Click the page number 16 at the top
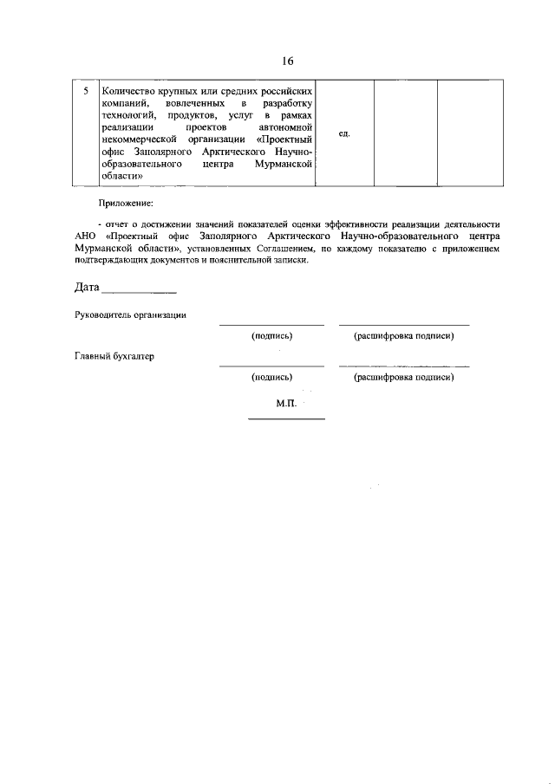(x=288, y=61)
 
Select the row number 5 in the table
(x=84, y=91)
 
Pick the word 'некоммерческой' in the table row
(x=140, y=139)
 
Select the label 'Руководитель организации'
(x=130, y=315)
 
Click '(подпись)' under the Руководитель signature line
(x=271, y=336)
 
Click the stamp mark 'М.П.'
(x=286, y=404)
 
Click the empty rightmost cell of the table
(x=468, y=133)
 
